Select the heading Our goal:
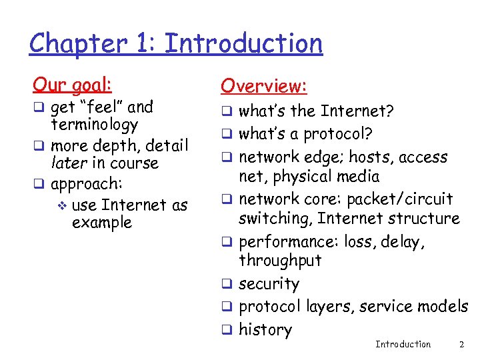73,84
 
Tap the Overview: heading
263,85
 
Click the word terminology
94,125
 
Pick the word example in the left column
102,222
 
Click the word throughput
280,260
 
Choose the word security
269,284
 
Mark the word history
265,329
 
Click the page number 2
461,344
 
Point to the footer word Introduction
403,344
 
